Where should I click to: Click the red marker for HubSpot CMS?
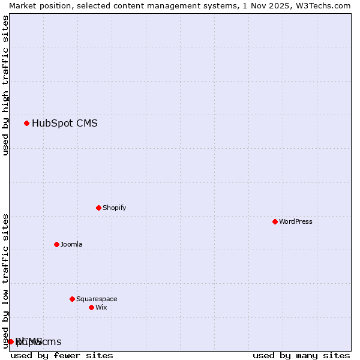[26, 124]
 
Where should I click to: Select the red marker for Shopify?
[98, 208]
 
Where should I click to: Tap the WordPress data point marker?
[275, 221]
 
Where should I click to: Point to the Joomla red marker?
[56, 244]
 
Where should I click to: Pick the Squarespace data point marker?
[72, 299]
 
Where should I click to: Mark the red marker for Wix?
[91, 307]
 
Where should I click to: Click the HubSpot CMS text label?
[64, 124]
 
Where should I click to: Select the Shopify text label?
[114, 208]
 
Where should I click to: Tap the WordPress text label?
[295, 221]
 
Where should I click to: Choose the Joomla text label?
[71, 244]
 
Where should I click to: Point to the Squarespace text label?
[97, 299]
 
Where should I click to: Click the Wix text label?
[101, 307]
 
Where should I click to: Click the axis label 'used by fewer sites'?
[62, 355]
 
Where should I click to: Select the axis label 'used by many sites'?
[301, 355]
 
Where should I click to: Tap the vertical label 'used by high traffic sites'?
[5, 85]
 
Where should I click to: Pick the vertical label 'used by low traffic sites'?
[5, 281]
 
